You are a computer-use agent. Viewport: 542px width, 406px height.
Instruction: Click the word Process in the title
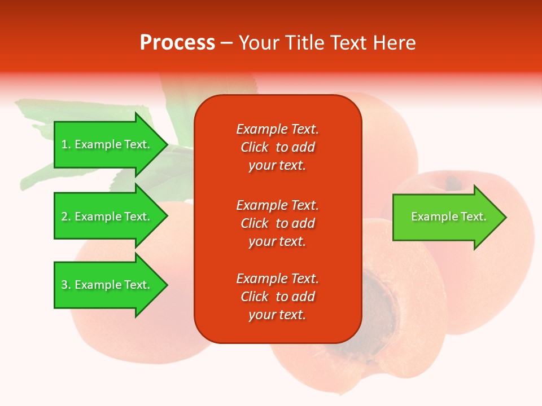click(x=177, y=42)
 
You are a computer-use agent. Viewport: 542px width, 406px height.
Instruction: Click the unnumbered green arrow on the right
click(x=446, y=217)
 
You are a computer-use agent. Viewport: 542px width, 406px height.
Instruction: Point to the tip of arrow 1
click(x=167, y=144)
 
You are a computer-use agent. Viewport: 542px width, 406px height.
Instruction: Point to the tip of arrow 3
click(x=167, y=285)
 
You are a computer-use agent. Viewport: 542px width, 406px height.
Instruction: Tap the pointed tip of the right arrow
click(x=505, y=217)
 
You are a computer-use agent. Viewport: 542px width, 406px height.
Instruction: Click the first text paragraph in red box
click(x=277, y=147)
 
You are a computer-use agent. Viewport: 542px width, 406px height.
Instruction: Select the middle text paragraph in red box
click(x=277, y=223)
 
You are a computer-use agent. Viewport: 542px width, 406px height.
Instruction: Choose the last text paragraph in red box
click(x=277, y=297)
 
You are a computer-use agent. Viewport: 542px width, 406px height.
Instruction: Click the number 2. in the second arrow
click(x=65, y=217)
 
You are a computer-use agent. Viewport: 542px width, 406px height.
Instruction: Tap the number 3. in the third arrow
click(x=65, y=285)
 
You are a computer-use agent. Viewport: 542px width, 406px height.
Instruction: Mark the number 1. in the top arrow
click(x=65, y=144)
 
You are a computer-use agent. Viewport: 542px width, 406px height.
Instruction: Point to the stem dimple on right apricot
click(x=452, y=182)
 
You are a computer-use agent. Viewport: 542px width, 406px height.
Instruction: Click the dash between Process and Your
click(x=226, y=43)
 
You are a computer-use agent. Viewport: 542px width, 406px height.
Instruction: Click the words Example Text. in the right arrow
click(x=449, y=217)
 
